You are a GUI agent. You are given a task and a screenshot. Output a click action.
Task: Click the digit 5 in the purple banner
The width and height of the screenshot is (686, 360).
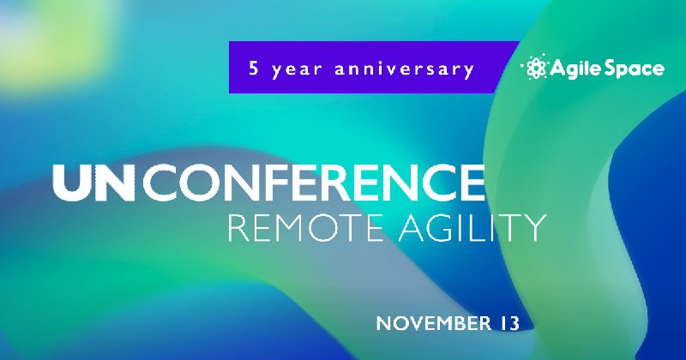coord(253,69)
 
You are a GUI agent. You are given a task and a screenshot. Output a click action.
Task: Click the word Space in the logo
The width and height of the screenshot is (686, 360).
coord(635,69)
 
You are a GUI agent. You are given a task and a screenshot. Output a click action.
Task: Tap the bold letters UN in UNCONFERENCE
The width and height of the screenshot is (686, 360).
coord(93,183)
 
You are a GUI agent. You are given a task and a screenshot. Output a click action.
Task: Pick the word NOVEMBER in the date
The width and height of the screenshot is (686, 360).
coord(434,324)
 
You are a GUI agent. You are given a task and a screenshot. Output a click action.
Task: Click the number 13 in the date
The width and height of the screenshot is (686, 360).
coord(508,324)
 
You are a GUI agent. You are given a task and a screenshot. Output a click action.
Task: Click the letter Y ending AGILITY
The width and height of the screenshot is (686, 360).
coord(534,227)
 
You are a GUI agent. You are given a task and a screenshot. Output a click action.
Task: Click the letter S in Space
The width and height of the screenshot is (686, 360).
coord(611,69)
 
